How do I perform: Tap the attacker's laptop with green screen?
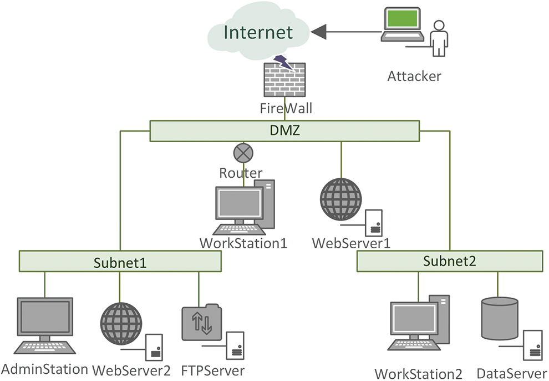click(x=403, y=25)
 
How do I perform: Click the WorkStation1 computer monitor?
click(x=239, y=204)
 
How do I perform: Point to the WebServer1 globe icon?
click(x=340, y=199)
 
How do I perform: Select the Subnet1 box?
click(x=120, y=260)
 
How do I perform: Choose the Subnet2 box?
click(x=449, y=260)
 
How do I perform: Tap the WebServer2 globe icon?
click(x=121, y=323)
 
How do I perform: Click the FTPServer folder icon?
click(x=201, y=322)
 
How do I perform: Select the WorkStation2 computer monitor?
click(x=413, y=325)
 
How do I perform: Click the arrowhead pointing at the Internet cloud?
click(x=318, y=33)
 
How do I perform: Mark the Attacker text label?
click(x=414, y=76)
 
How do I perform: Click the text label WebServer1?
click(x=351, y=243)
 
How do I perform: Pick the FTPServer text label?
click(x=212, y=369)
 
